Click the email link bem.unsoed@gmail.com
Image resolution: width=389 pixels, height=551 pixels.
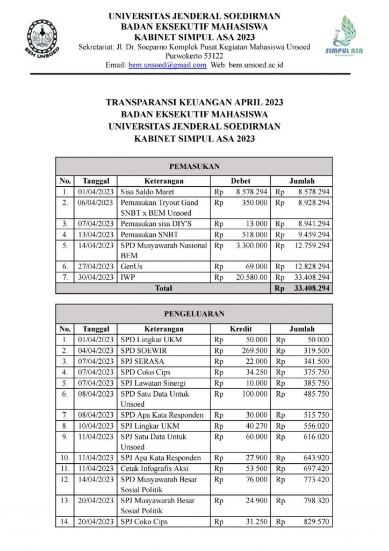click(x=167, y=65)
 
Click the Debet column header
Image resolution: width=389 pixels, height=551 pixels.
click(x=240, y=181)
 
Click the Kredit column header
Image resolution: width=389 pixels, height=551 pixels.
click(x=241, y=329)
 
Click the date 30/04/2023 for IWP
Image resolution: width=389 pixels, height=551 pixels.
click(x=95, y=277)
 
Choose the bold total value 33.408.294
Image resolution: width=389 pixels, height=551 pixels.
click(x=310, y=288)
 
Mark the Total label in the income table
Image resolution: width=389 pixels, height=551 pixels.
click(x=163, y=288)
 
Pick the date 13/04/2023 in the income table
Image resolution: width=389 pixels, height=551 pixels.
click(x=95, y=235)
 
